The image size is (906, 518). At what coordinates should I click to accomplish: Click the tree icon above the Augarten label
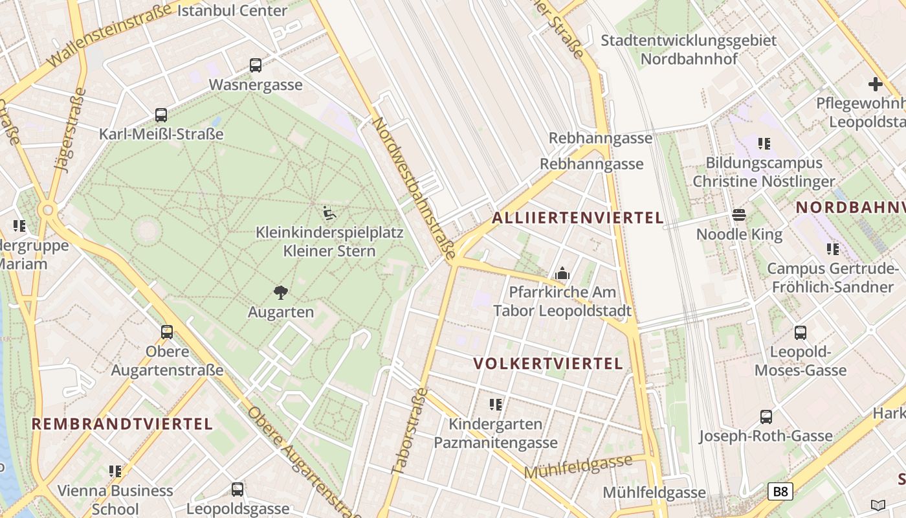[x=280, y=293]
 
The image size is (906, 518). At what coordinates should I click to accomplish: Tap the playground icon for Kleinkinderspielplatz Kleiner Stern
[x=329, y=212]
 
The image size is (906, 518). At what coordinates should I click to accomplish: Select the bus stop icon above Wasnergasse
[x=256, y=65]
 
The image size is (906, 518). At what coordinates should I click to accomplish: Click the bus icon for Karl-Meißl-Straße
[x=161, y=115]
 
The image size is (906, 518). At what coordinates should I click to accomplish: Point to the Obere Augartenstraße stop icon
[x=167, y=332]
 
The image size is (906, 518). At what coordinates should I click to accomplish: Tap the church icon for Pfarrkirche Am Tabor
[x=562, y=273]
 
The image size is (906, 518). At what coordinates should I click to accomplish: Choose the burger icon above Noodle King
[x=739, y=215]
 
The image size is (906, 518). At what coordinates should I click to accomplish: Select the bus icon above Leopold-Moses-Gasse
[x=801, y=333]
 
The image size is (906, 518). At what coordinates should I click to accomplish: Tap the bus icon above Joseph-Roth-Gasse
[x=766, y=417]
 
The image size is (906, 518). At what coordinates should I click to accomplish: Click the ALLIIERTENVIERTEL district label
[x=578, y=218]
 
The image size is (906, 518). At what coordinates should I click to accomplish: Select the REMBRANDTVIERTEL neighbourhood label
[x=122, y=424]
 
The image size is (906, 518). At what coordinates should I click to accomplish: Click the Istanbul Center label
[x=232, y=10]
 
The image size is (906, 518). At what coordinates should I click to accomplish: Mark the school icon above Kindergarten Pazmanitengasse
[x=496, y=405]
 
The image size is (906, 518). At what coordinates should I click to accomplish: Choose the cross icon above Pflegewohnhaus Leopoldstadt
[x=875, y=84]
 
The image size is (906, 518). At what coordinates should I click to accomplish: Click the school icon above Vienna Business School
[x=115, y=471]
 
